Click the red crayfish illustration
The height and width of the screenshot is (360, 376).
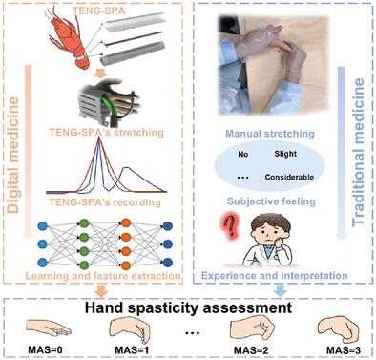coord(69,38)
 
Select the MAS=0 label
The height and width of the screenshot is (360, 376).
coord(45,349)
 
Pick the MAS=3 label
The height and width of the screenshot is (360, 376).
coord(344,350)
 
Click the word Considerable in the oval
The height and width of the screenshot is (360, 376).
coord(289,177)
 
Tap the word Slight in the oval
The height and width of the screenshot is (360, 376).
coord(285,154)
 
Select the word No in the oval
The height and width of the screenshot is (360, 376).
coord(243,155)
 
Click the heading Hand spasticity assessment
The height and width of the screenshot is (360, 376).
coord(188,307)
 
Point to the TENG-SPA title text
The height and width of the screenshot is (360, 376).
coord(99,11)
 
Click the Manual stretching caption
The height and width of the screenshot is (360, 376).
coord(270,134)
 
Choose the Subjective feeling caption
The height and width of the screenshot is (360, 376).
coord(271,201)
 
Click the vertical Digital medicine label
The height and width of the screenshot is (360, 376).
coord(13,156)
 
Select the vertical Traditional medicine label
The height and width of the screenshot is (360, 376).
coord(358,152)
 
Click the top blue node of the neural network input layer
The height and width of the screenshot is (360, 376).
coord(42,226)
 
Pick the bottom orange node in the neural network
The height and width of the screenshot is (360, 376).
coord(126,265)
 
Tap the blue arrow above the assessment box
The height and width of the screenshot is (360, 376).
coord(281,290)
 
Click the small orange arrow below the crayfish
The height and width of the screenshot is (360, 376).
coord(100,74)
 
